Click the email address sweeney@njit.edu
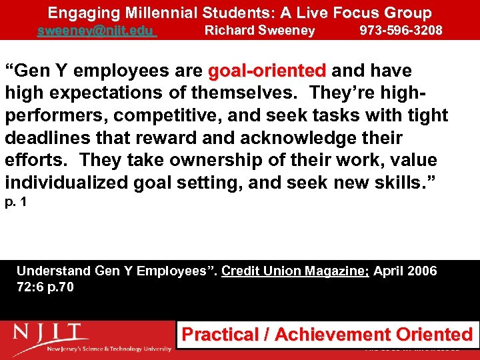click(x=97, y=31)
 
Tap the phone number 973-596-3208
click(x=401, y=31)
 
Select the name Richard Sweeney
click(x=259, y=31)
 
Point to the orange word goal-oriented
click(x=267, y=71)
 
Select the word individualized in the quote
click(x=67, y=182)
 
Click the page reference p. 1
click(x=17, y=201)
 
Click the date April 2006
click(x=405, y=271)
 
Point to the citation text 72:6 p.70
click(x=45, y=287)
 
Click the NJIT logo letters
click(x=51, y=332)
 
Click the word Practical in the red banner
click(x=221, y=335)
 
